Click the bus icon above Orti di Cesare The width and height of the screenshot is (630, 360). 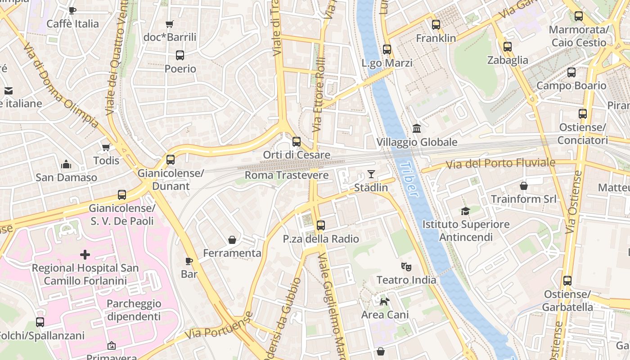297,142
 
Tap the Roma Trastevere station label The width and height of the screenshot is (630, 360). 286,175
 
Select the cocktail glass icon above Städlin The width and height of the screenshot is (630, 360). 371,174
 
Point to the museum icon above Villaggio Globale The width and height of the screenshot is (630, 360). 417,129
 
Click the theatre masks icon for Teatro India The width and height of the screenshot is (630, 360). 406,267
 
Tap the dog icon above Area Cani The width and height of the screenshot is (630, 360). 384,301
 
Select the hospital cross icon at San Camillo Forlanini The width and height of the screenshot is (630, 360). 85,255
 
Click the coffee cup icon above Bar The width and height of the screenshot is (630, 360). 189,261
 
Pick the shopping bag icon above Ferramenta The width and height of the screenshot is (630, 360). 232,240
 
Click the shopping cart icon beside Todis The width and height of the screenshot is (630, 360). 106,147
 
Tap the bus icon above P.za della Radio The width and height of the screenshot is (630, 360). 321,225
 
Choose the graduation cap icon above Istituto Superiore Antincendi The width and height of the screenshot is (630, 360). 465,211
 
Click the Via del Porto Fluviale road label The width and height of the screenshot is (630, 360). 500,164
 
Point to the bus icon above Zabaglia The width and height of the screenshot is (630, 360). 508,47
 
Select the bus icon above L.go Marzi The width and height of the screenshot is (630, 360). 387,49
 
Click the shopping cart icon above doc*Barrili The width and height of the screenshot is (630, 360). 170,24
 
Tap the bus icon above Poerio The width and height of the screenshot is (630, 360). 180,55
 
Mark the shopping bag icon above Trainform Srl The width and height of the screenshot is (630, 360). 524,185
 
